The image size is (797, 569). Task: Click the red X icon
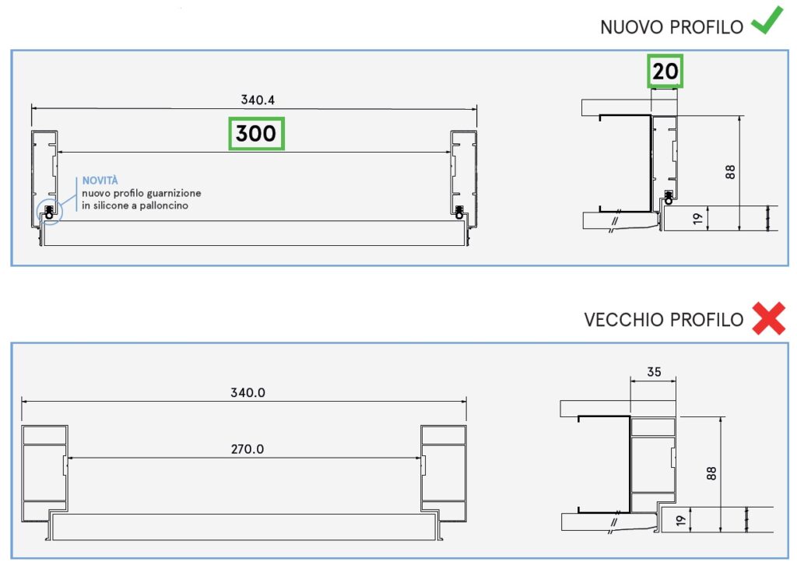click(x=768, y=319)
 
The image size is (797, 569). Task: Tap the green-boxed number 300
click(x=256, y=134)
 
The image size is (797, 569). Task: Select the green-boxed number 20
click(x=665, y=72)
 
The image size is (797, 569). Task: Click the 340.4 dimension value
click(x=258, y=100)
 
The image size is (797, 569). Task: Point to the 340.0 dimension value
click(x=248, y=392)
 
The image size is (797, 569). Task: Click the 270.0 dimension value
click(x=248, y=449)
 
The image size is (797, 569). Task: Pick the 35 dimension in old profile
click(x=654, y=372)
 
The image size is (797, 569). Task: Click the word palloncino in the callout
click(x=163, y=206)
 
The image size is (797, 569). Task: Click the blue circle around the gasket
click(x=48, y=212)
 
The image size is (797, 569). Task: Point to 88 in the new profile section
click(x=730, y=172)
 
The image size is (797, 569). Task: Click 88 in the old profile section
click(x=711, y=472)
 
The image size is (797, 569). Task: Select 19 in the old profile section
click(x=681, y=520)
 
